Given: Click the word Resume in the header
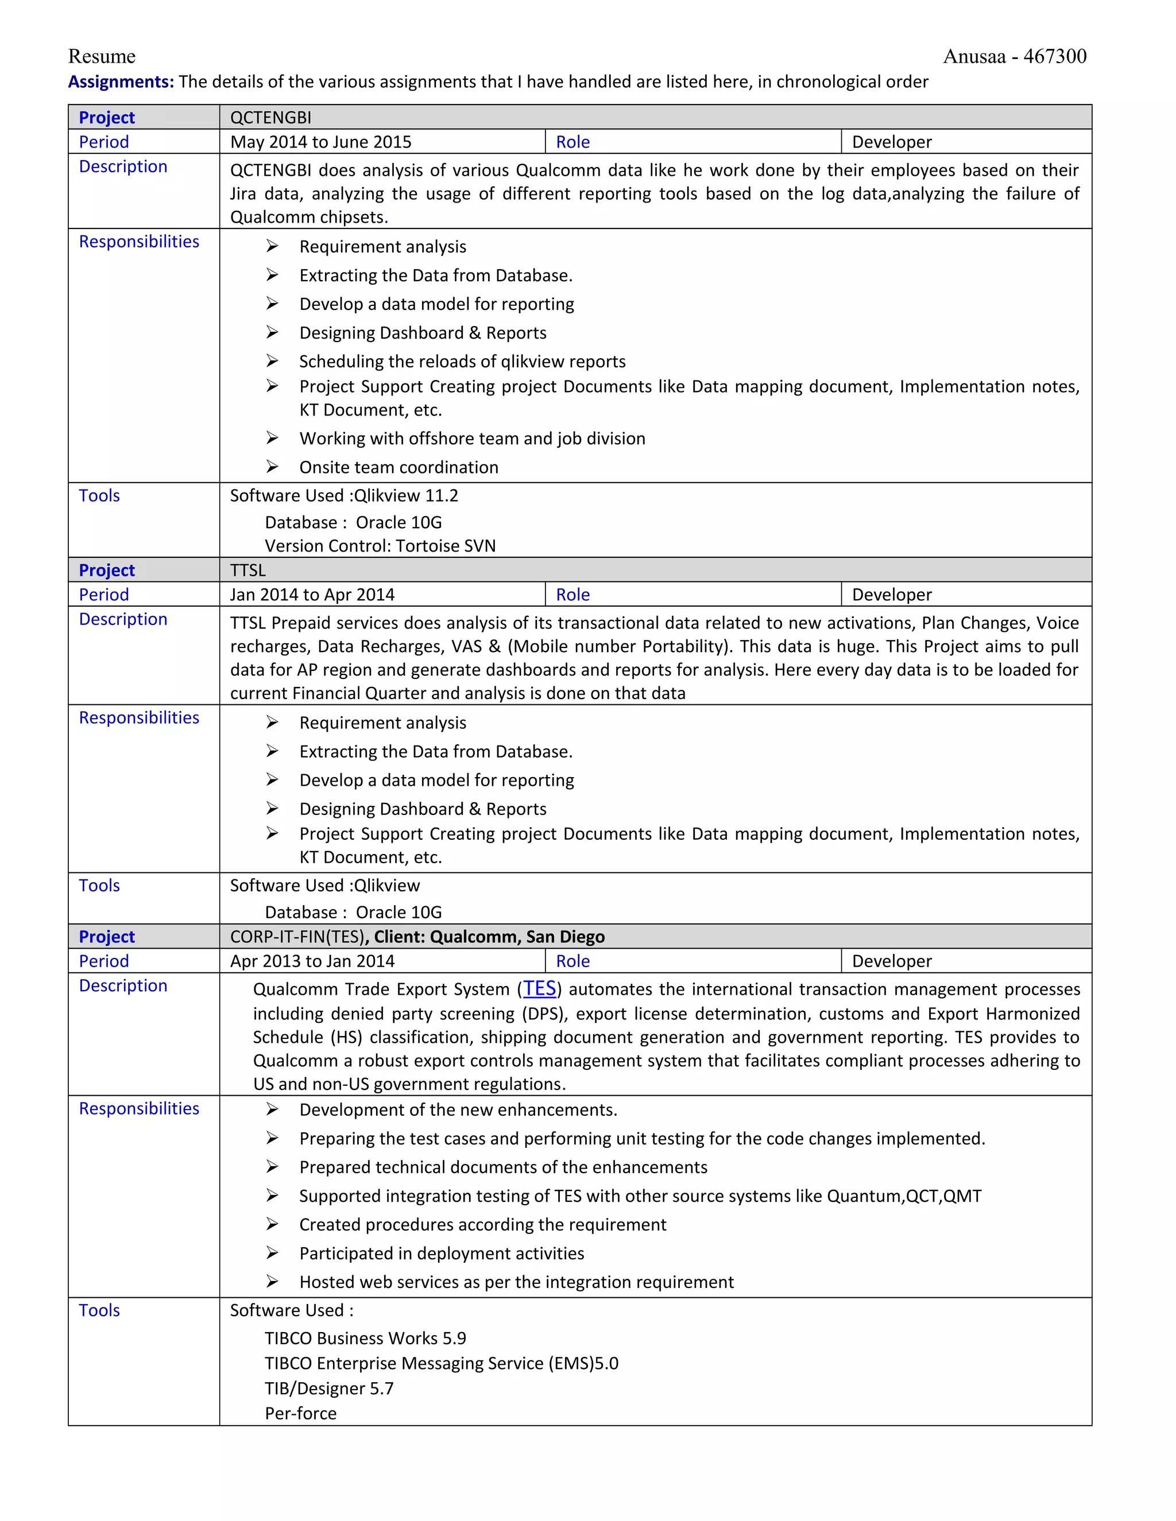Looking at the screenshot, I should [x=102, y=56].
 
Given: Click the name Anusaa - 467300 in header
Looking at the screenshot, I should [x=1015, y=56].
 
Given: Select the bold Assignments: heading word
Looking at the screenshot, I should [x=121, y=82].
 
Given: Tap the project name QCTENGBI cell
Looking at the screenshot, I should [x=271, y=118].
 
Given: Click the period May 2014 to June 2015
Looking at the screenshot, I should [x=320, y=142].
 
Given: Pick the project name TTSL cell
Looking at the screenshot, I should [x=248, y=571].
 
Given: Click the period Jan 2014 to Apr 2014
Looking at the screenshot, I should [x=312, y=595].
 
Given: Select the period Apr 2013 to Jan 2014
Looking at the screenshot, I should [x=312, y=961].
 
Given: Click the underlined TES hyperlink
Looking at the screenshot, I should [x=540, y=989].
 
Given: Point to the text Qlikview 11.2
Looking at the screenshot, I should [x=406, y=496].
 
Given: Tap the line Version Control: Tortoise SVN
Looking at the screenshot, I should [x=380, y=546].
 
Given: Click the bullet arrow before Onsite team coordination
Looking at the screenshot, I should [x=272, y=467].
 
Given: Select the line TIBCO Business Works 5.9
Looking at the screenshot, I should [x=365, y=1338].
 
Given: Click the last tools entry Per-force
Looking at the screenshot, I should [x=300, y=1414].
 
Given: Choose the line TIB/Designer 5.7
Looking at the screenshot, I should [x=329, y=1388].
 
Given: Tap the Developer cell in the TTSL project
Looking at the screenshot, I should [x=892, y=595].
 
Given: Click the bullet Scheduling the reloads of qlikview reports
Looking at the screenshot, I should [x=462, y=362].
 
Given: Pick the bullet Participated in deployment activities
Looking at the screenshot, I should [x=442, y=1254].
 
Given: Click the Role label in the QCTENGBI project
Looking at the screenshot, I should [x=572, y=142].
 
